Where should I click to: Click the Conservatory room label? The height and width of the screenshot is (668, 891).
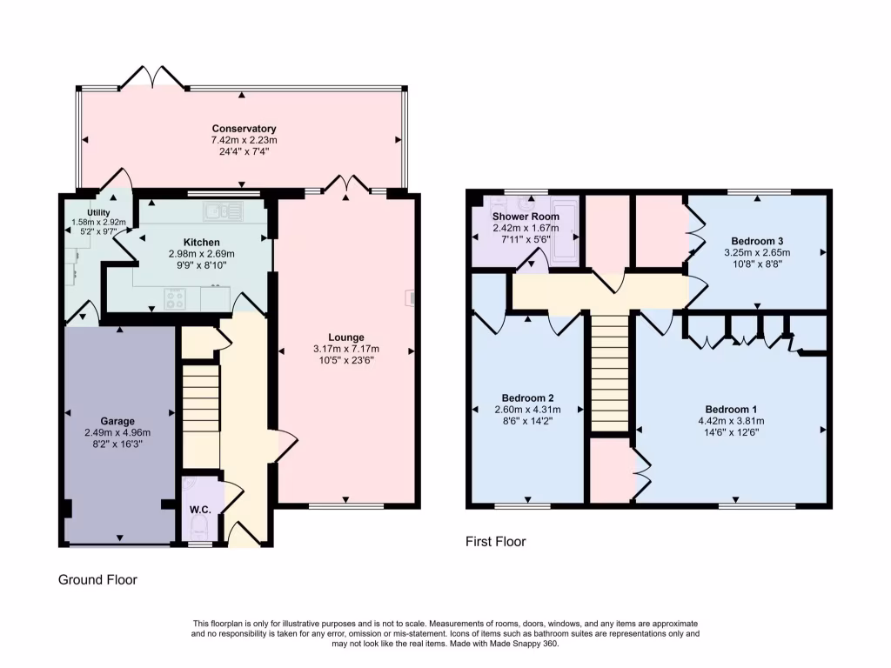[x=244, y=129]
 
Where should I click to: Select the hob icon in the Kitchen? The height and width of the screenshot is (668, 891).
[x=175, y=298]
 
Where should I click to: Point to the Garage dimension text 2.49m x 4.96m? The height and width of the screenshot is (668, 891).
[x=117, y=432]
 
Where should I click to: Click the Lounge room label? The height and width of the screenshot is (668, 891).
[x=345, y=337]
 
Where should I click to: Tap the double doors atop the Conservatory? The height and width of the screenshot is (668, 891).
[x=153, y=78]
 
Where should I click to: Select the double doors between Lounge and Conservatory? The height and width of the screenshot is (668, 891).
[x=347, y=184]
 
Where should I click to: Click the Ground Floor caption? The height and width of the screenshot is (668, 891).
[x=97, y=579]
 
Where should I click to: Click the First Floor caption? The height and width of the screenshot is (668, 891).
[x=496, y=541]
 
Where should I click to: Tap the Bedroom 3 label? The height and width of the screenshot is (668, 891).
[x=757, y=241]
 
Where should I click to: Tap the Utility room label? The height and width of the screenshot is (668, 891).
[x=98, y=212]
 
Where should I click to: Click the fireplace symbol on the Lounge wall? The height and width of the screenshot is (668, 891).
[x=409, y=299]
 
